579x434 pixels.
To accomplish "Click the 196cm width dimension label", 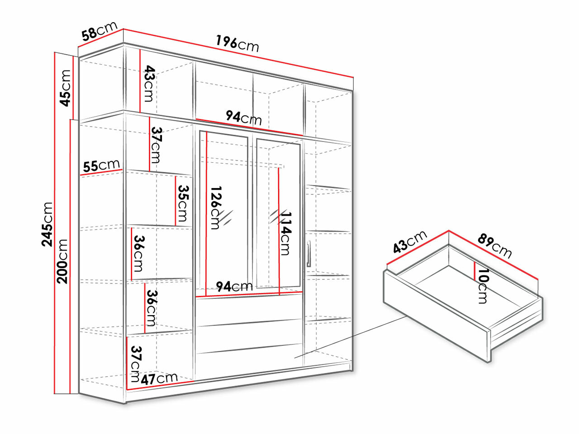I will click(237, 44).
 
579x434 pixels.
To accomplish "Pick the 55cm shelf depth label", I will click(101, 165).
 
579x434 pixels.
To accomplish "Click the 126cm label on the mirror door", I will click(216, 208).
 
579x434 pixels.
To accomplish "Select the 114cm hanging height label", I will click(285, 233).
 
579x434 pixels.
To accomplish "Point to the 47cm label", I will click(159, 378).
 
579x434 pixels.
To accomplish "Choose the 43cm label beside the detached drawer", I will click(410, 242).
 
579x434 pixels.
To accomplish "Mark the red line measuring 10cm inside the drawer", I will click(474, 271).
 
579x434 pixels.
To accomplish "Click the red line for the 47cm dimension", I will click(161, 385).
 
